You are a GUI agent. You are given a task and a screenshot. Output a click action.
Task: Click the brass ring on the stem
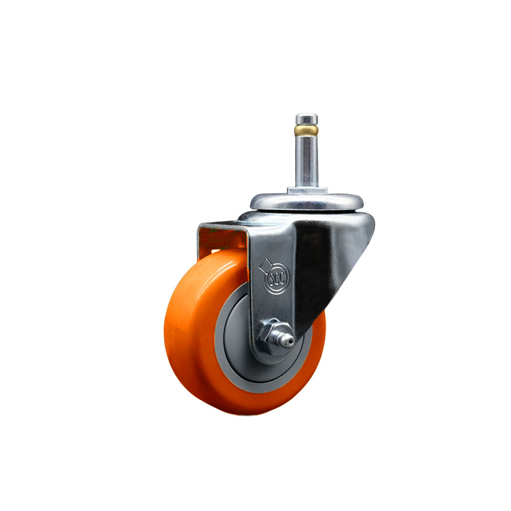click(306, 131)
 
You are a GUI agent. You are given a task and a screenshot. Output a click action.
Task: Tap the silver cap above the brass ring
click(306, 119)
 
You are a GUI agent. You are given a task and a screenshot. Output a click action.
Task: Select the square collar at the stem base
click(307, 191)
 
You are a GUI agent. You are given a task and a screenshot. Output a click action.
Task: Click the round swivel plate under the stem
click(307, 202)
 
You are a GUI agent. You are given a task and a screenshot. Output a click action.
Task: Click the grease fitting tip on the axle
click(288, 341)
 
